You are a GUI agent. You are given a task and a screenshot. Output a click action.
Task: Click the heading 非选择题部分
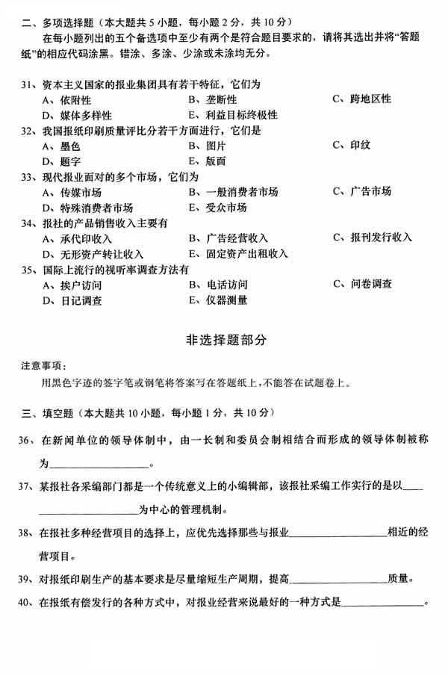[x=225, y=339]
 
